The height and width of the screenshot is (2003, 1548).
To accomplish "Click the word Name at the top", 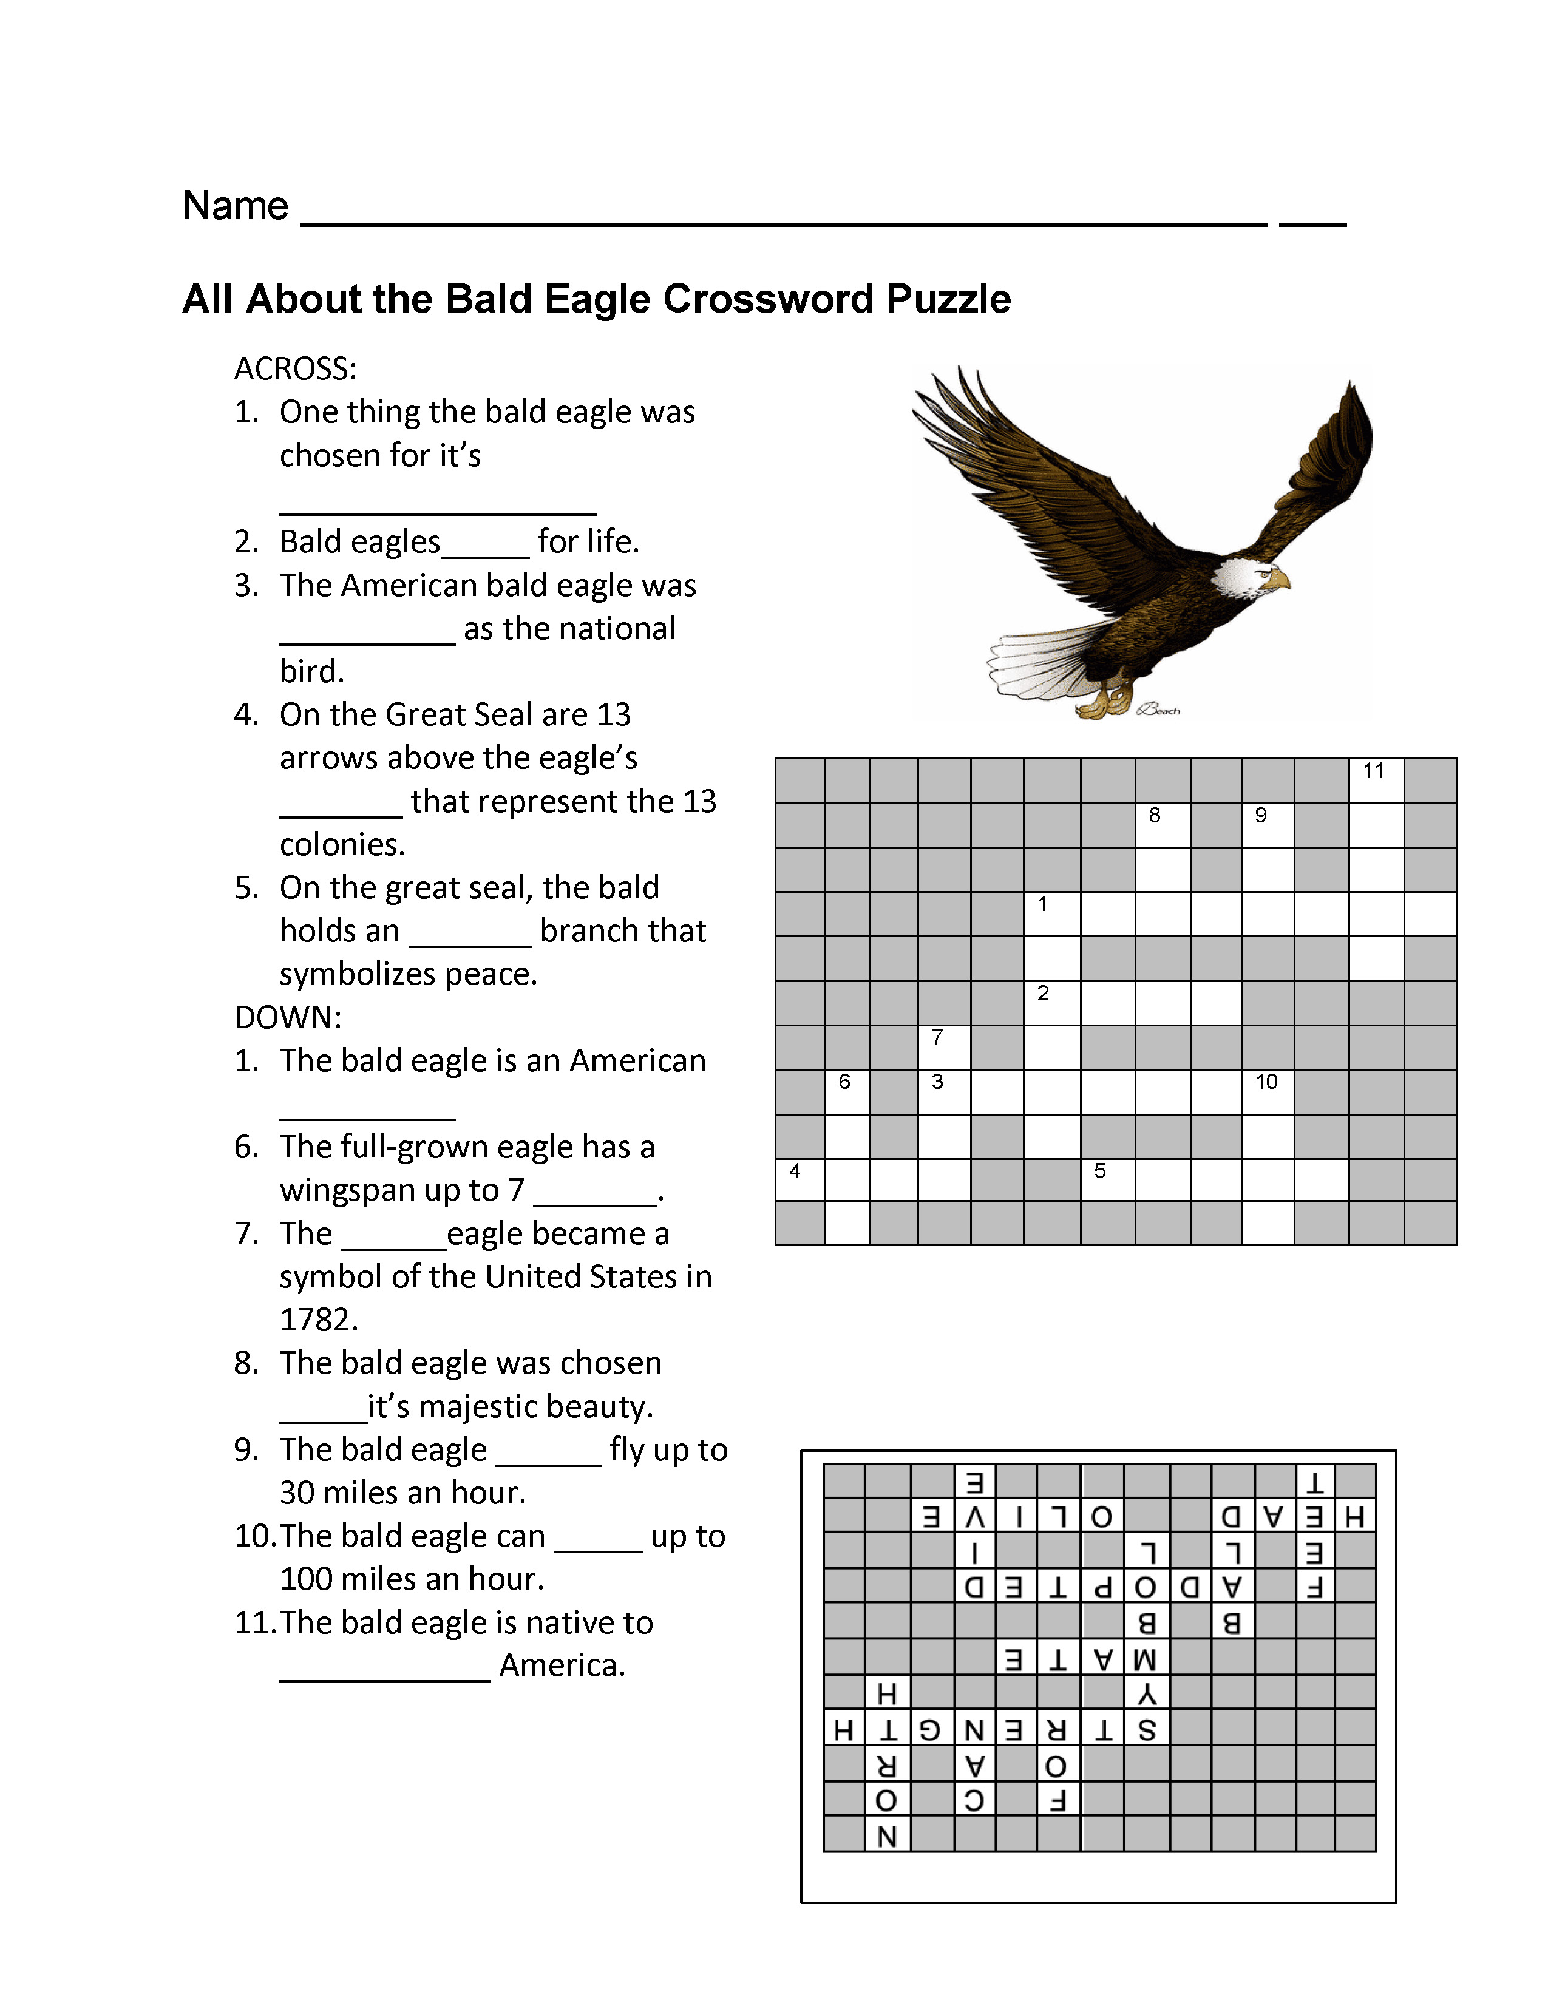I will [236, 205].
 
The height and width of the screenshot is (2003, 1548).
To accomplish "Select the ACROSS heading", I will [295, 368].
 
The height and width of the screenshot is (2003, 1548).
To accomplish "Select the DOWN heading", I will [288, 1017].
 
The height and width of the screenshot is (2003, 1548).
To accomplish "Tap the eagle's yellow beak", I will [1277, 580].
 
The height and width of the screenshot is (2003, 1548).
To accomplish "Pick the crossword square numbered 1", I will [1052, 914].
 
